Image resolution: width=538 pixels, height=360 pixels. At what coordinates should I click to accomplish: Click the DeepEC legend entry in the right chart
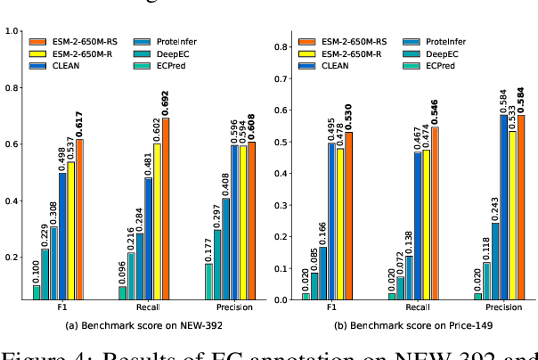[461, 53]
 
